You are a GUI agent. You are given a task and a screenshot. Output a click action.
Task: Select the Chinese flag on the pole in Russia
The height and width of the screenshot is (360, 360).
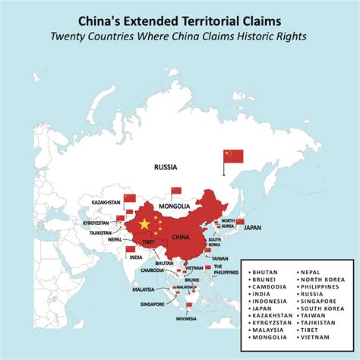pos(233,156)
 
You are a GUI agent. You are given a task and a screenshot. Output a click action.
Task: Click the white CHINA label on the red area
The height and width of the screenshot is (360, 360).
pos(180,237)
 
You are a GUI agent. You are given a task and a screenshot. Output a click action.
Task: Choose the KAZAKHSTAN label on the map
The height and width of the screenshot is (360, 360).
pos(106,203)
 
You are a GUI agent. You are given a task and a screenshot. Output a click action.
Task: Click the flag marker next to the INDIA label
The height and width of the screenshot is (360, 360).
pos(131,249)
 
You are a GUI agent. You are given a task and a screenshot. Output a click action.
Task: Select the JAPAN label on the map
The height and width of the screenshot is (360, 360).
pos(251,226)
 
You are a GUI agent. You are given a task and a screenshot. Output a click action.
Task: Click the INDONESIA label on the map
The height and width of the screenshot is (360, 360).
pos(187,319)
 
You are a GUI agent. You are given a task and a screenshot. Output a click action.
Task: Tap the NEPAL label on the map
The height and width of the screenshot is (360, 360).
pos(115,238)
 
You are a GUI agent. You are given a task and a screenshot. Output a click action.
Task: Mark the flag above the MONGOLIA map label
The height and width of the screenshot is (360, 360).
pos(176,191)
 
